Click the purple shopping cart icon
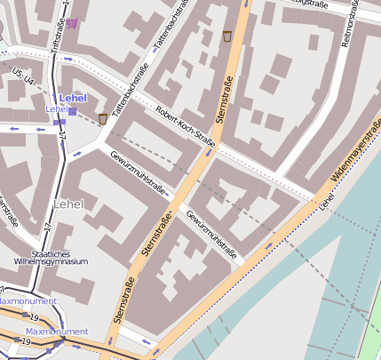(x=71, y=22)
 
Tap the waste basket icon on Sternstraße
(x=227, y=36)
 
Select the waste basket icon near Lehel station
(x=103, y=117)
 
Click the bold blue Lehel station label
(x=73, y=97)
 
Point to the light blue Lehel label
(x=56, y=108)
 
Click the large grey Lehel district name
(x=68, y=204)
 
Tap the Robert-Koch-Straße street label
(x=185, y=126)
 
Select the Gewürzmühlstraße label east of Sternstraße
(x=214, y=234)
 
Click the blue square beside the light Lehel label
(x=72, y=111)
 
